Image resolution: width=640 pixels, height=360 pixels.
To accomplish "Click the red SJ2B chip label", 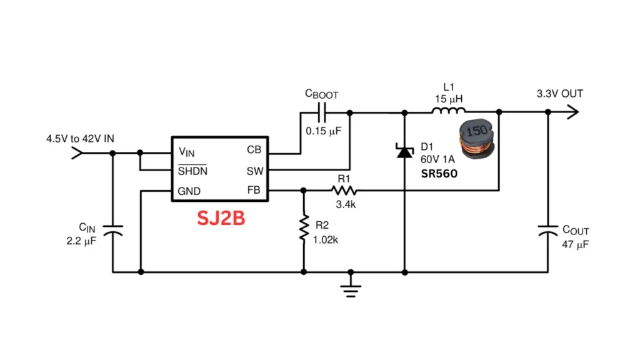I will pyautogui.click(x=221, y=219).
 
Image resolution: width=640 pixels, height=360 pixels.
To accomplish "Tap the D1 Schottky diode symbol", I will pyautogui.click(x=404, y=151).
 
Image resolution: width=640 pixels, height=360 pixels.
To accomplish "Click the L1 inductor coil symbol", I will pyautogui.click(x=448, y=112).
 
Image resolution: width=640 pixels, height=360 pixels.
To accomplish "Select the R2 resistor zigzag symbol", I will pyautogui.click(x=304, y=229).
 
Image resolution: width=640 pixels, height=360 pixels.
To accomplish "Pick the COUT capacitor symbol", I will pyautogui.click(x=548, y=229).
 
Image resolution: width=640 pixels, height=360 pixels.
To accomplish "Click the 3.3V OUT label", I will pyautogui.click(x=559, y=94).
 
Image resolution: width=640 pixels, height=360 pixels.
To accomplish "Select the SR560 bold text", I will pyautogui.click(x=438, y=174).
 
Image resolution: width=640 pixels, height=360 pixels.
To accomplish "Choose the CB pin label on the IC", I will pyautogui.click(x=254, y=151).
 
